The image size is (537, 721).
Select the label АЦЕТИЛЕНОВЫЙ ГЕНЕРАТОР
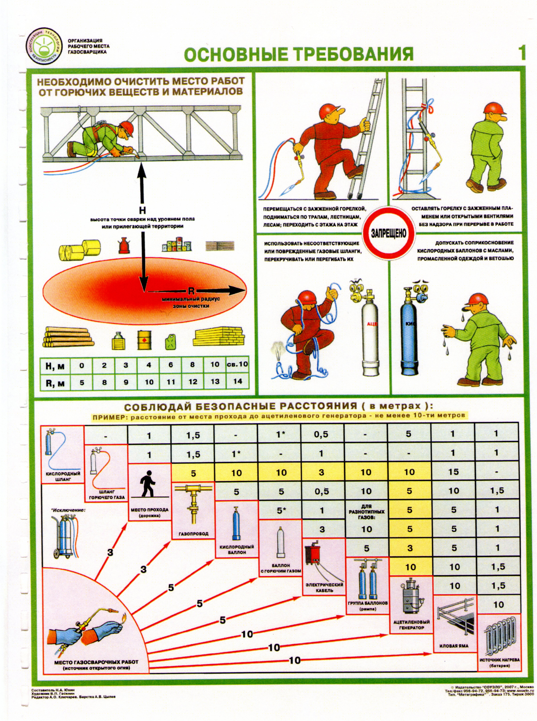point(411,624)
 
